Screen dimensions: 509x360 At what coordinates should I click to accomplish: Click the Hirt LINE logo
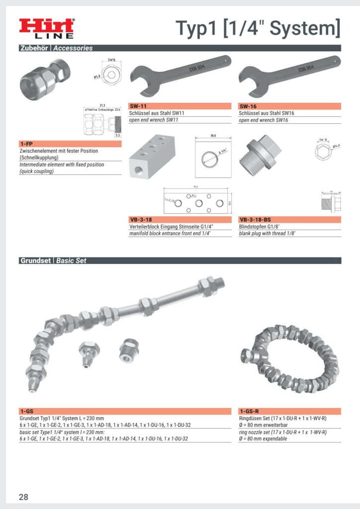click(x=46, y=28)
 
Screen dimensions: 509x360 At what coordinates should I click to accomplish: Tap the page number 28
click(x=23, y=497)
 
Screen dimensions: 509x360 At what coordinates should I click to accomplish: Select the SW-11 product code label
click(x=139, y=106)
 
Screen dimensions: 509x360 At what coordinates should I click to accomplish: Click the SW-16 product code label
click(x=248, y=106)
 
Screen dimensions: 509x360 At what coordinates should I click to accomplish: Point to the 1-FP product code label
click(x=26, y=144)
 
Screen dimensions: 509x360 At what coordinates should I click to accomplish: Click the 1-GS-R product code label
click(x=249, y=412)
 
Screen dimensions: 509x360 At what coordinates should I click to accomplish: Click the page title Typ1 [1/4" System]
click(x=258, y=28)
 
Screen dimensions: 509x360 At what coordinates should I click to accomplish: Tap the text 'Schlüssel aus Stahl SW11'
click(x=157, y=113)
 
